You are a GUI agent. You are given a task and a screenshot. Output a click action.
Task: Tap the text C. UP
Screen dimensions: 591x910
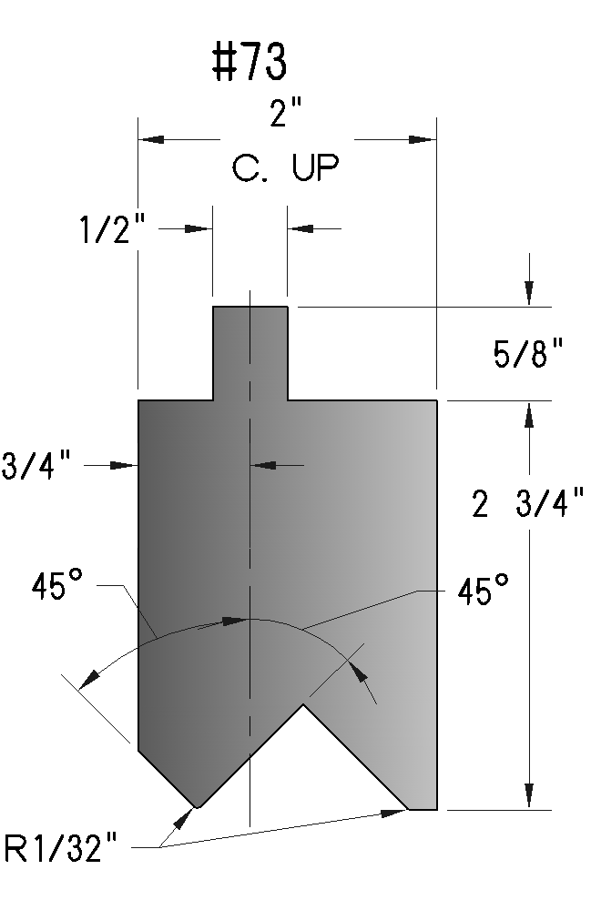[285, 167]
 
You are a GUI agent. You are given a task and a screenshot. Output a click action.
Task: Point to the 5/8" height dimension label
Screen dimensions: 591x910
[528, 353]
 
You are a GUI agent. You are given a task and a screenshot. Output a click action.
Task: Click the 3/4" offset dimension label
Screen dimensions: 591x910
[36, 465]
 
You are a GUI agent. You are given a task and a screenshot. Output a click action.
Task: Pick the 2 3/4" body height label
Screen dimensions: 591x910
[527, 502]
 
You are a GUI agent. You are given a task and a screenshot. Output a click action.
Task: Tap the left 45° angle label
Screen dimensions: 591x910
[57, 585]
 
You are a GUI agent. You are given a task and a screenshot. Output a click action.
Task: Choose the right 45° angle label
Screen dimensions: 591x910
[483, 591]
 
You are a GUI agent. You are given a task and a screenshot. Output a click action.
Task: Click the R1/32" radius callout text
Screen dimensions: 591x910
[61, 848]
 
